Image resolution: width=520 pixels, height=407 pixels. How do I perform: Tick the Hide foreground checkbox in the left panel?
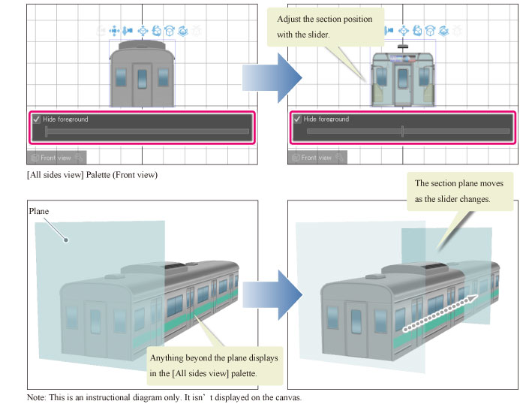pyautogui.click(x=35, y=119)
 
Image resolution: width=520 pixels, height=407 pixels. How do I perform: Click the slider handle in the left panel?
pyautogui.click(x=47, y=131)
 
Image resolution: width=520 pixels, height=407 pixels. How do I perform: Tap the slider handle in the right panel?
pyautogui.click(x=403, y=131)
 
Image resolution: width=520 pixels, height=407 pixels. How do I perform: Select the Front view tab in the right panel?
pyautogui.click(x=316, y=158)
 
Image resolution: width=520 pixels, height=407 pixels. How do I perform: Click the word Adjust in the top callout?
pyautogui.click(x=291, y=19)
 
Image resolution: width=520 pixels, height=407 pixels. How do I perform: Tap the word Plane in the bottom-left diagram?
pyautogui.click(x=39, y=212)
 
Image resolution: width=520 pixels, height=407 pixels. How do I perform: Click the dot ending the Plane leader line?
pyautogui.click(x=67, y=240)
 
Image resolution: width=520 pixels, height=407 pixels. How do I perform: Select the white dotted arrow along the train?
pyautogui.click(x=440, y=312)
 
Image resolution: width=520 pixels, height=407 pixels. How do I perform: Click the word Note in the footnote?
pyautogui.click(x=36, y=397)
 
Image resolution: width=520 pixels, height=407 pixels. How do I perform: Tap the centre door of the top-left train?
pyautogui.click(x=142, y=84)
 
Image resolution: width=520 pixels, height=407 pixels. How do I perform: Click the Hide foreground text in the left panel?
pyautogui.click(x=66, y=119)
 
